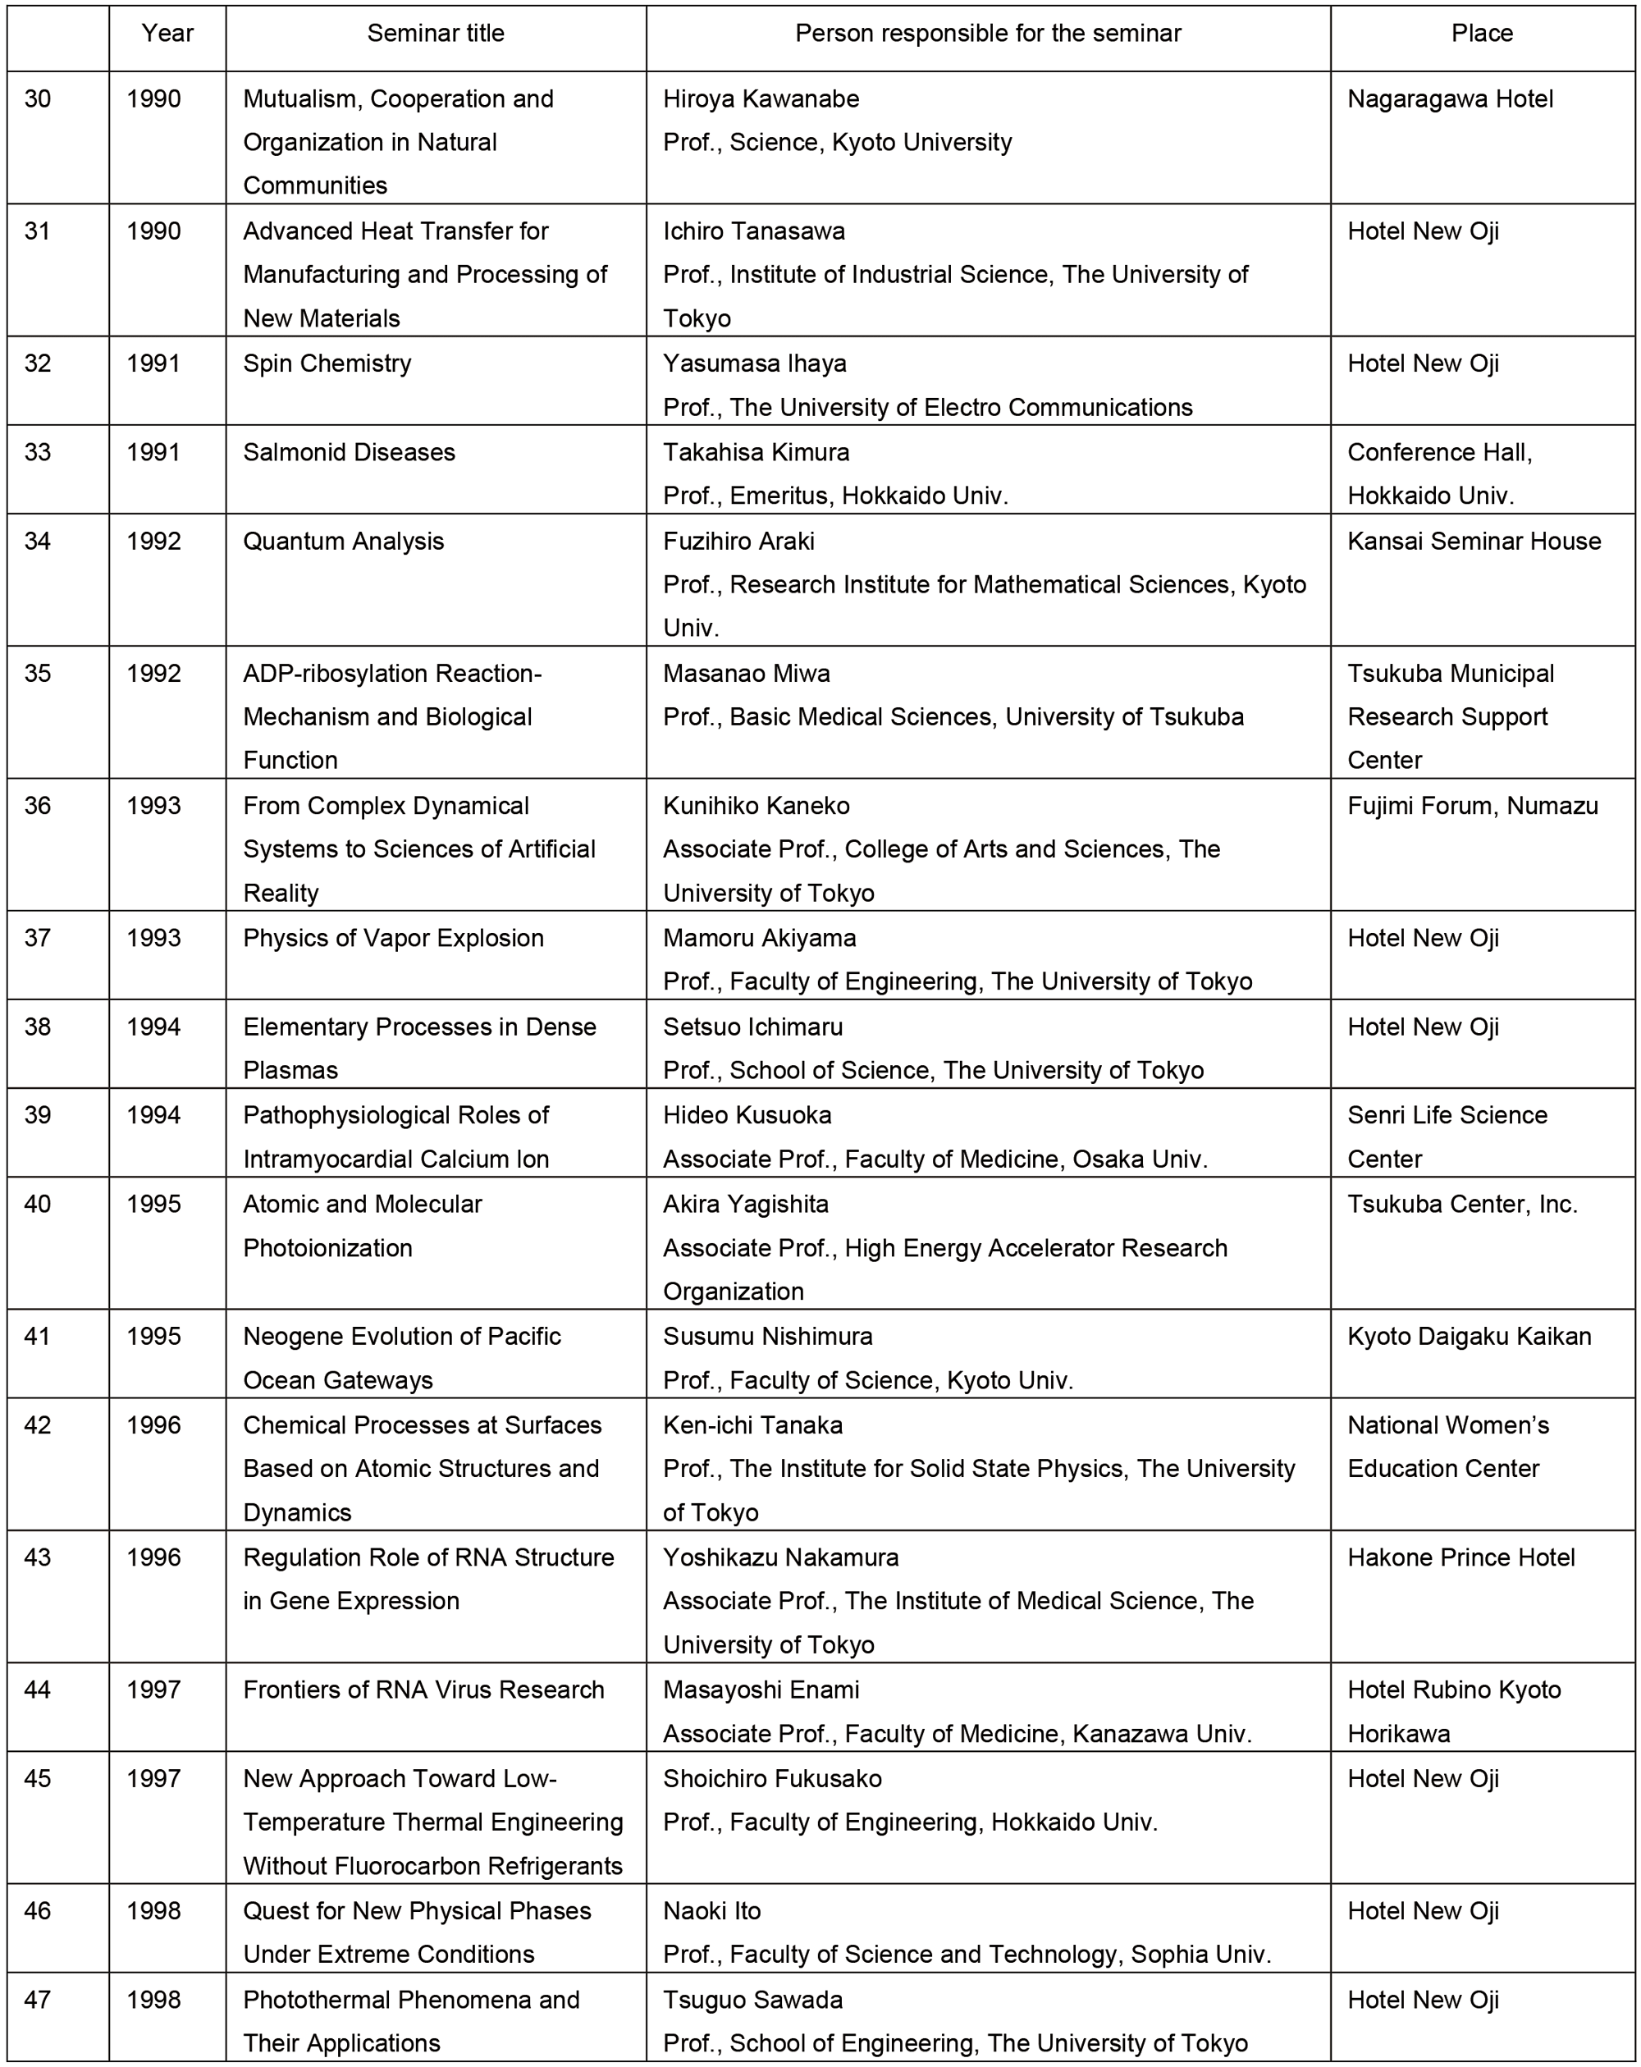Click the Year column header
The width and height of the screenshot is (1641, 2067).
(x=167, y=34)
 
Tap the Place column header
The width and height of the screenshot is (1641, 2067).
(x=1481, y=34)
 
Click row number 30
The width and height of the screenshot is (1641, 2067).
(x=38, y=98)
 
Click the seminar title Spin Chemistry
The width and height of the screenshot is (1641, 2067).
(x=327, y=364)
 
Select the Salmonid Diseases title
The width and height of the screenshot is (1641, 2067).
(x=349, y=452)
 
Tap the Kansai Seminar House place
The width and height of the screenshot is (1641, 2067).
(x=1474, y=541)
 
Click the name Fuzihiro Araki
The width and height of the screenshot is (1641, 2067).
(x=738, y=541)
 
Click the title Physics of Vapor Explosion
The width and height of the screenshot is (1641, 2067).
(x=393, y=938)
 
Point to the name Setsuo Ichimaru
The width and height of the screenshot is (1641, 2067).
(x=752, y=1027)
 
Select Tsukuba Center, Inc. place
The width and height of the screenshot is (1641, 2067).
(x=1462, y=1204)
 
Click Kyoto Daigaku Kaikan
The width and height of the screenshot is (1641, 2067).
(x=1469, y=1337)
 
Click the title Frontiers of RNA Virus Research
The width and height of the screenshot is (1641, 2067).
(x=423, y=1690)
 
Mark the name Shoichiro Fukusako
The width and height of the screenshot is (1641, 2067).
(x=771, y=1778)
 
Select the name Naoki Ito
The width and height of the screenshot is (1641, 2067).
(x=711, y=1911)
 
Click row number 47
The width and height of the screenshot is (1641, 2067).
(x=38, y=2000)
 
